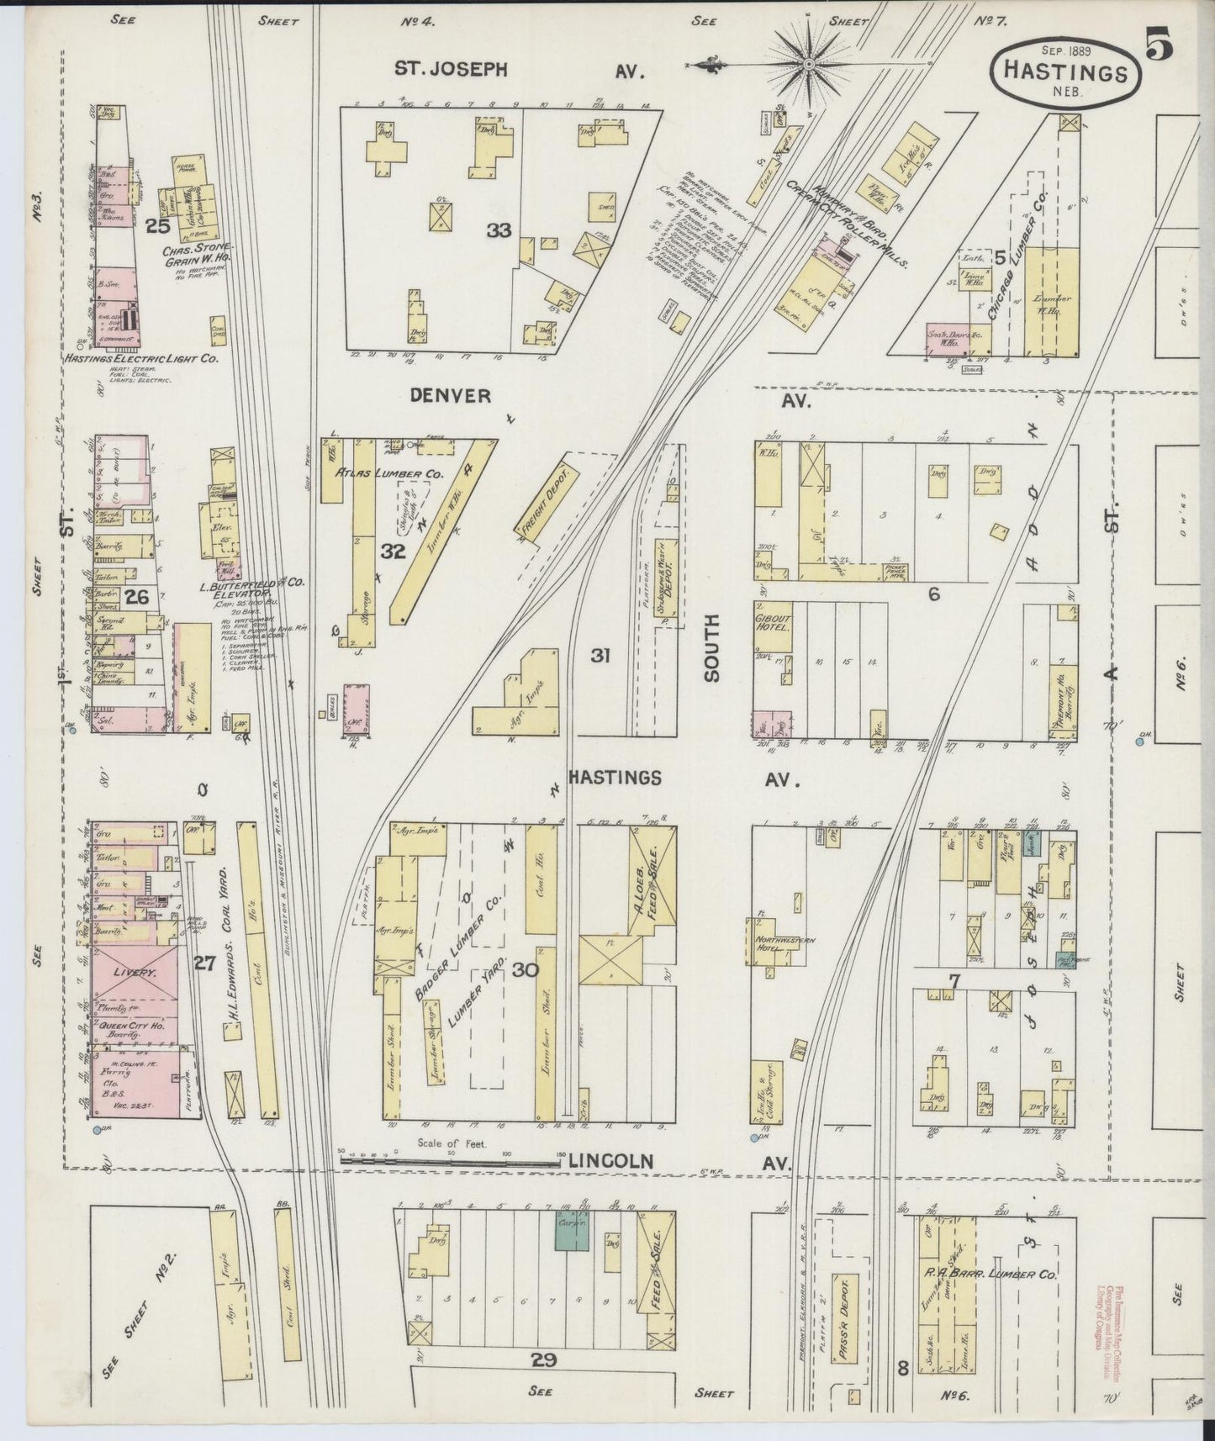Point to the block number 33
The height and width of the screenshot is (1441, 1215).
coord(499,230)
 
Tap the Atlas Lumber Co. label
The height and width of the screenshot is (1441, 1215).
coord(388,474)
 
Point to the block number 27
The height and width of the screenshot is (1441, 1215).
coord(204,963)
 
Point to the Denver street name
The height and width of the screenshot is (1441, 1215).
coord(451,395)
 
